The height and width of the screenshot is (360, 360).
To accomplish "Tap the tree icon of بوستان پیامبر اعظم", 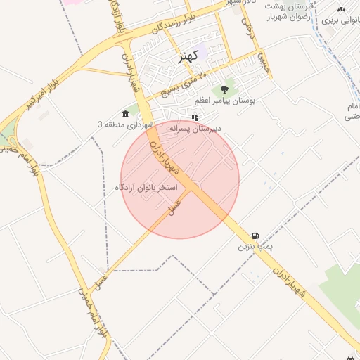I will pyautogui.click(x=224, y=89).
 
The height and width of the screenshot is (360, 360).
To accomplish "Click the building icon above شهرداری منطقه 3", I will pyautogui.click(x=125, y=114).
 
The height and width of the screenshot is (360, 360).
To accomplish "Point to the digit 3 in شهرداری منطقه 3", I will pyautogui.click(x=100, y=124).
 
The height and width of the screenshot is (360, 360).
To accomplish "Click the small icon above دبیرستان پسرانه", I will pyautogui.click(x=195, y=117).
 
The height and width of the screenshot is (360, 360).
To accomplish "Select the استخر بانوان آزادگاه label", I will pyautogui.click(x=146, y=188).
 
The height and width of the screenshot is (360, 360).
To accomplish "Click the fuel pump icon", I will pyautogui.click(x=255, y=236).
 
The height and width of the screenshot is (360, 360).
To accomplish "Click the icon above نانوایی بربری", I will pyautogui.click(x=341, y=9).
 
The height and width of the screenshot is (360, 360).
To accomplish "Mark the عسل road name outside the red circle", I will pyautogui.click(x=103, y=281).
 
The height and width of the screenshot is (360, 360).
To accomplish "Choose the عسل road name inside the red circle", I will pyautogui.click(x=172, y=204).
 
